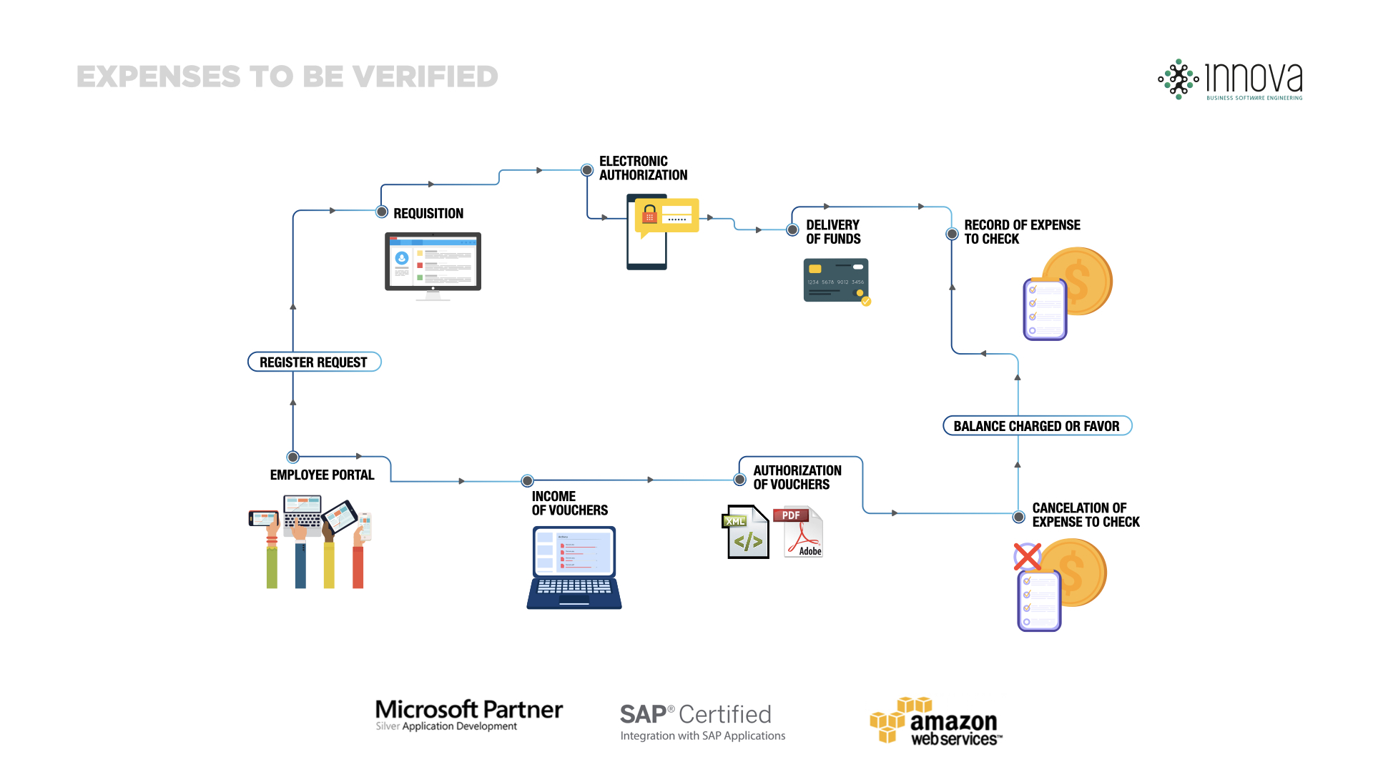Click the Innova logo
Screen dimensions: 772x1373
(1230, 79)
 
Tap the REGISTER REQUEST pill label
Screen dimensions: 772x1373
(314, 362)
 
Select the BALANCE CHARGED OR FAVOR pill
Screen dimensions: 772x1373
(1037, 426)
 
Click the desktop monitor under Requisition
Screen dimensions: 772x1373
(433, 262)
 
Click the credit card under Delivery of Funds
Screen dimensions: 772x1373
(836, 280)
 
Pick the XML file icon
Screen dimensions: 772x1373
(745, 533)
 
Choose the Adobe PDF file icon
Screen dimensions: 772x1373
(799, 532)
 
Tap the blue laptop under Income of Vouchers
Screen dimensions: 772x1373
(574, 568)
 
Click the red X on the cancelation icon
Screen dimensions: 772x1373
(1028, 556)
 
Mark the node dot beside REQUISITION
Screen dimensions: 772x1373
(383, 212)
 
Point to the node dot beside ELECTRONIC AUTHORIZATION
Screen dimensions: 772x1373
(587, 170)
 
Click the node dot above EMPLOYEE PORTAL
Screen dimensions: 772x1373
(293, 457)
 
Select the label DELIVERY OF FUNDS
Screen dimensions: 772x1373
(833, 232)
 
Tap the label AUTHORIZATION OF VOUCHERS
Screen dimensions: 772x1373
(797, 477)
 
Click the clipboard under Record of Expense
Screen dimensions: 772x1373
(1045, 310)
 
